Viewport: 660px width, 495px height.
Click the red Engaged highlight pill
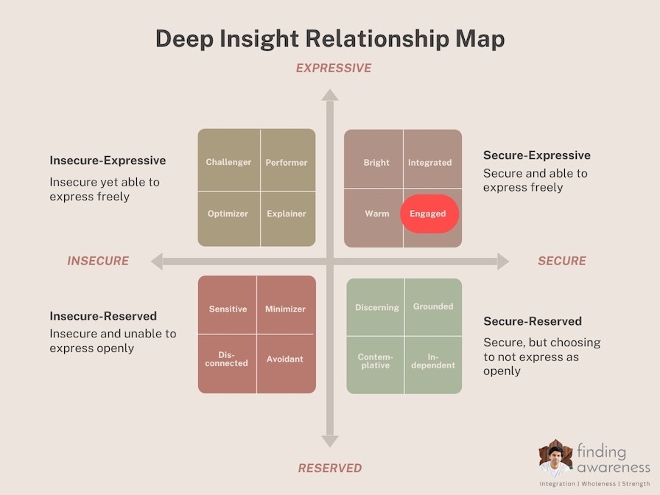click(x=429, y=214)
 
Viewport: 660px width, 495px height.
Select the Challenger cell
click(x=229, y=160)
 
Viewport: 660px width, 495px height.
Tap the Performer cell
click(x=288, y=160)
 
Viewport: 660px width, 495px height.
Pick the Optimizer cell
click(x=229, y=219)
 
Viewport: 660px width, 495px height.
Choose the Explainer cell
click(x=288, y=219)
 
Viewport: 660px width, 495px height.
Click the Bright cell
click(x=373, y=158)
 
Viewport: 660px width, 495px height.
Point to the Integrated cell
click(x=432, y=158)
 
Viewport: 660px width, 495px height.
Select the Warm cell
click(x=373, y=217)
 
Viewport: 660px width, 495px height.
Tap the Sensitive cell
click(x=227, y=305)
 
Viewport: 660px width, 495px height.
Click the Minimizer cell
click(x=287, y=305)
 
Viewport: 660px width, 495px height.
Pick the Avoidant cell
click(x=287, y=364)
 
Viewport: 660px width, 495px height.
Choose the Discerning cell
click(x=376, y=307)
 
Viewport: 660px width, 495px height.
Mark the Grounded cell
click(x=434, y=307)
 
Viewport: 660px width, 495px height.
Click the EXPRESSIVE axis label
click(x=334, y=69)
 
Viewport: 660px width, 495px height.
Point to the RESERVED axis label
click(x=330, y=468)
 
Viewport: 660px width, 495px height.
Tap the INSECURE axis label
click(x=98, y=261)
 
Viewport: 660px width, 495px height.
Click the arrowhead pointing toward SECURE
click(x=503, y=261)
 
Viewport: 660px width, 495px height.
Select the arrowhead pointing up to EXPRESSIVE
click(x=330, y=95)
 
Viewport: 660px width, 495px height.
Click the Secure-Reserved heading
click(x=533, y=321)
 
